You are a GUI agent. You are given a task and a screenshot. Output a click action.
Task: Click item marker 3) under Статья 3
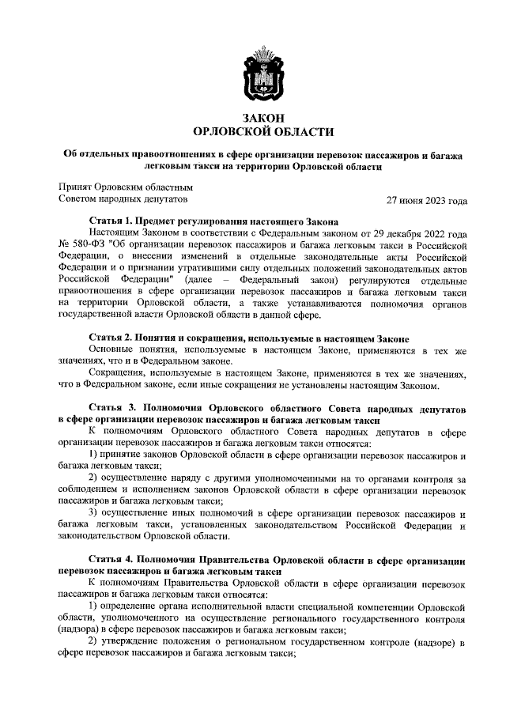pyautogui.click(x=93, y=514)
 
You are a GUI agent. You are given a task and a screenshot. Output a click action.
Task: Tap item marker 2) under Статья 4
pyautogui.click(x=93, y=641)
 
